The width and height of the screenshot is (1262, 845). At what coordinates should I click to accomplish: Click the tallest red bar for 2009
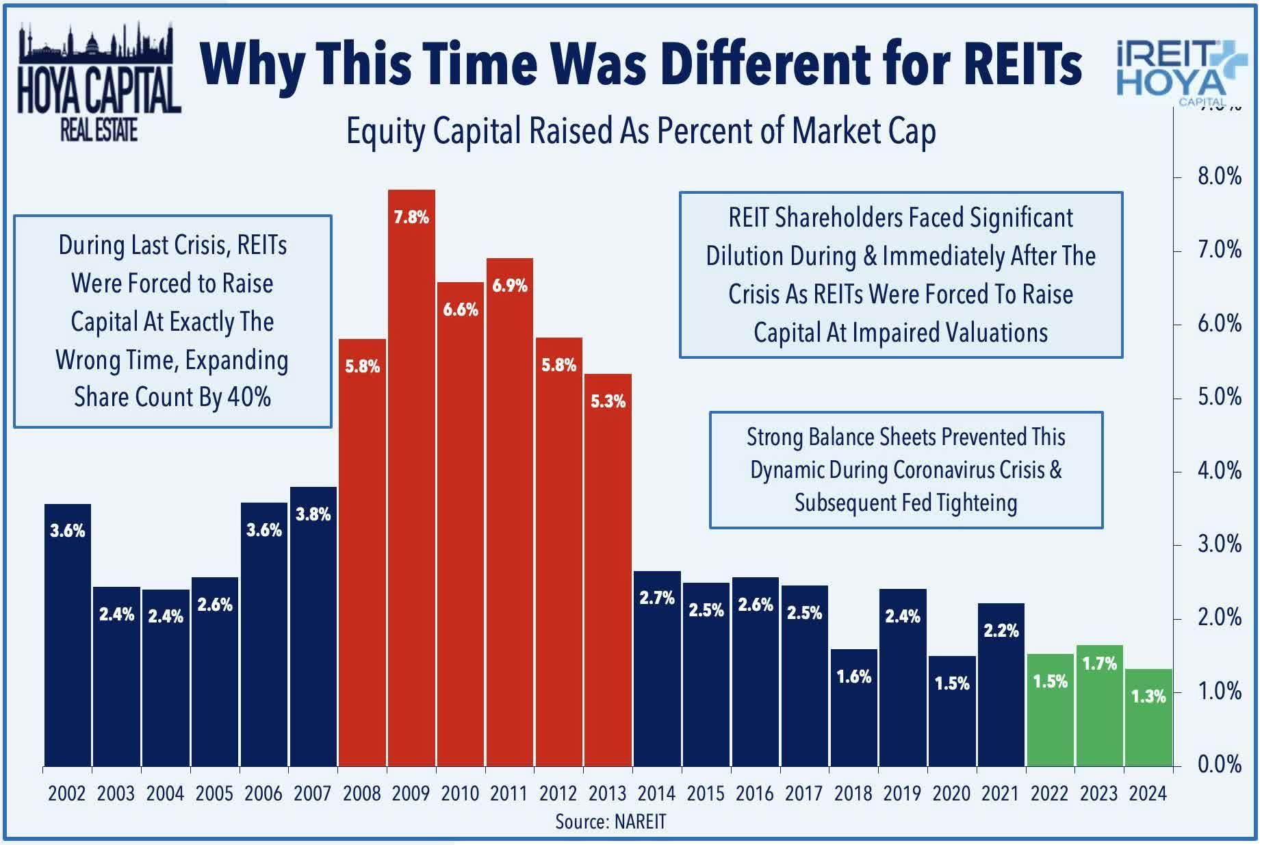411,479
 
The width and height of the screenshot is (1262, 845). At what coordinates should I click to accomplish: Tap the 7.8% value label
411,218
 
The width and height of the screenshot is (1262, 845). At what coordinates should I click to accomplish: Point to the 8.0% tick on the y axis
1219,177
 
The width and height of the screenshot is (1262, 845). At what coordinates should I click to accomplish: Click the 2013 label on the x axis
607,794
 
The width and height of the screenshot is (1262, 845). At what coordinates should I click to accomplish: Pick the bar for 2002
68,637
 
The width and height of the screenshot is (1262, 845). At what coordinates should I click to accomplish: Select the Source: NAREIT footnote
610,822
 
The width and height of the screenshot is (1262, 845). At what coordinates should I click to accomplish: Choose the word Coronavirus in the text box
938,470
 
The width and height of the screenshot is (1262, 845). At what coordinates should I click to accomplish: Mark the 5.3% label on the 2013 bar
608,401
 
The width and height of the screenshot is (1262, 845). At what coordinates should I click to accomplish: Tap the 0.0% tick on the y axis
1219,764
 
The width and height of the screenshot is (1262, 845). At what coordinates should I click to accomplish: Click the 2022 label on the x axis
1049,794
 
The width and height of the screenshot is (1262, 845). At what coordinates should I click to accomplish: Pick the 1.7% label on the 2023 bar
1099,663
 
